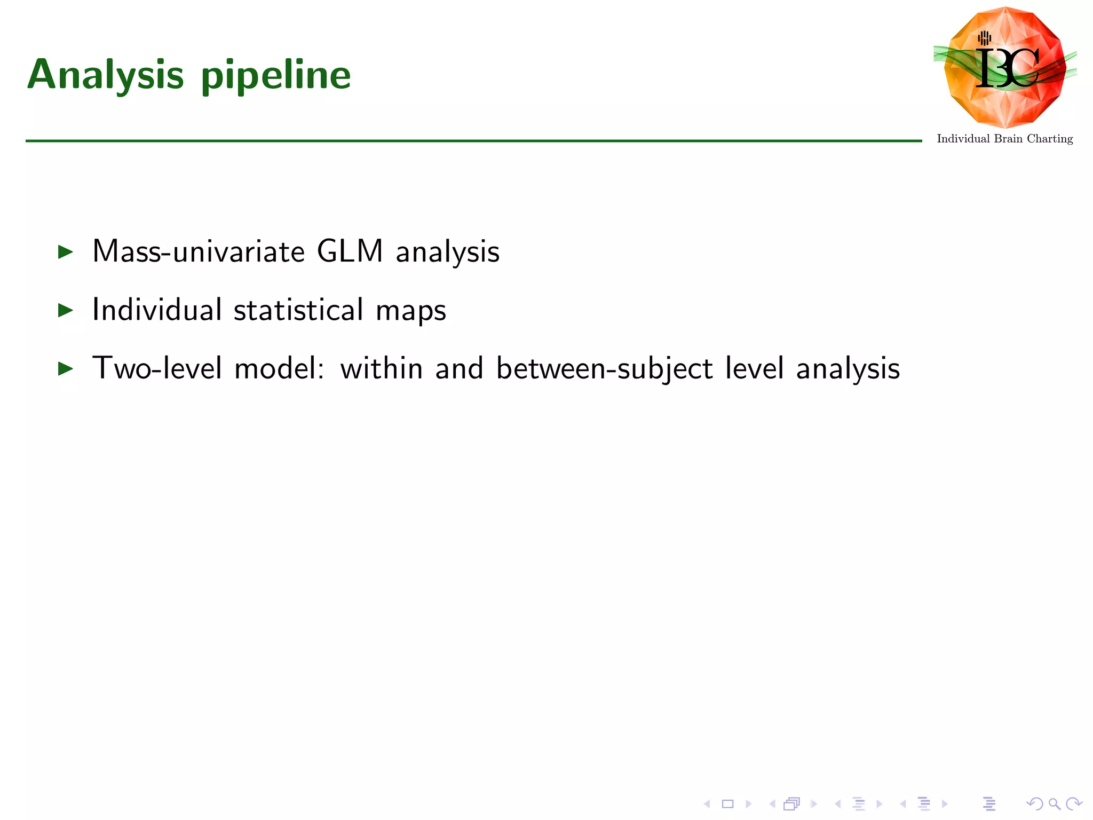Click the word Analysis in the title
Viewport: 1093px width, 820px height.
pyautogui.click(x=106, y=75)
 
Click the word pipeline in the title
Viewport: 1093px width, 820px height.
pyautogui.click(x=276, y=75)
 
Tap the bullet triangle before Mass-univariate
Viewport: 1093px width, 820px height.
pyautogui.click(x=65, y=251)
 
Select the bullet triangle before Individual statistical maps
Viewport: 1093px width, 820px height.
pyautogui.click(x=65, y=310)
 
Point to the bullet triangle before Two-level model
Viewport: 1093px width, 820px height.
pyautogui.click(x=65, y=368)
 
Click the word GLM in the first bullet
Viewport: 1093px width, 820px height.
pyautogui.click(x=350, y=251)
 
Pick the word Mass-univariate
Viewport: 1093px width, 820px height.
pyautogui.click(x=198, y=251)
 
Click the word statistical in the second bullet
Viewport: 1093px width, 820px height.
pyautogui.click(x=298, y=310)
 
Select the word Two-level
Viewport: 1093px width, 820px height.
pyautogui.click(x=157, y=368)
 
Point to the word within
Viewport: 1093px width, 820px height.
pyautogui.click(x=382, y=368)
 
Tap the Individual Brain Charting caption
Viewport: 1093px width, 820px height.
pyautogui.click(x=1004, y=139)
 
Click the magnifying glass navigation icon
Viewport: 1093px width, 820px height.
pyautogui.click(x=1054, y=804)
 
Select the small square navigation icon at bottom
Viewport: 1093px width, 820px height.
pyautogui.click(x=727, y=804)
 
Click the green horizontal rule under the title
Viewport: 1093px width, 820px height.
pyautogui.click(x=473, y=141)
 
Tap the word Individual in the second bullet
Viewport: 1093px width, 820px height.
pyautogui.click(x=157, y=310)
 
